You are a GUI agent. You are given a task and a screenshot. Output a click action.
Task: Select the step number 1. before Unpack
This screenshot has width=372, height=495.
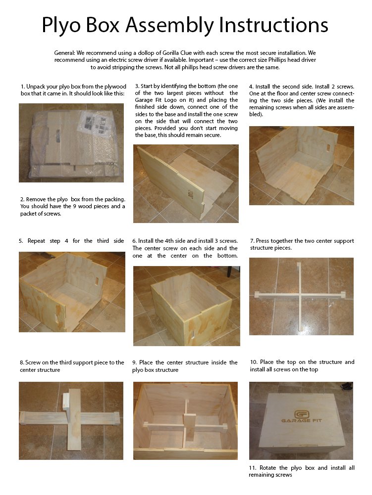(23, 87)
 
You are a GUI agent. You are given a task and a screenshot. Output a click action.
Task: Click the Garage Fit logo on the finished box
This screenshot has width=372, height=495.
(301, 416)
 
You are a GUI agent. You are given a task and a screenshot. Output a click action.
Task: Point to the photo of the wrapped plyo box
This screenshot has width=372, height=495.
(71, 143)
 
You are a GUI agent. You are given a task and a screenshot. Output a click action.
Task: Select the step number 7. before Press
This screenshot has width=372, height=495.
(252, 241)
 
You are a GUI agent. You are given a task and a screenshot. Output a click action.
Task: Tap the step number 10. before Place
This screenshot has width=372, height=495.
(254, 362)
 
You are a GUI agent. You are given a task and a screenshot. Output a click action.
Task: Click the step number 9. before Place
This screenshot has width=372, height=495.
(134, 363)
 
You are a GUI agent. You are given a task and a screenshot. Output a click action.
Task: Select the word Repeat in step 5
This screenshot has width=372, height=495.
(36, 241)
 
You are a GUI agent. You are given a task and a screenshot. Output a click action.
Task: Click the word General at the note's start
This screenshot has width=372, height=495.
(64, 53)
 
